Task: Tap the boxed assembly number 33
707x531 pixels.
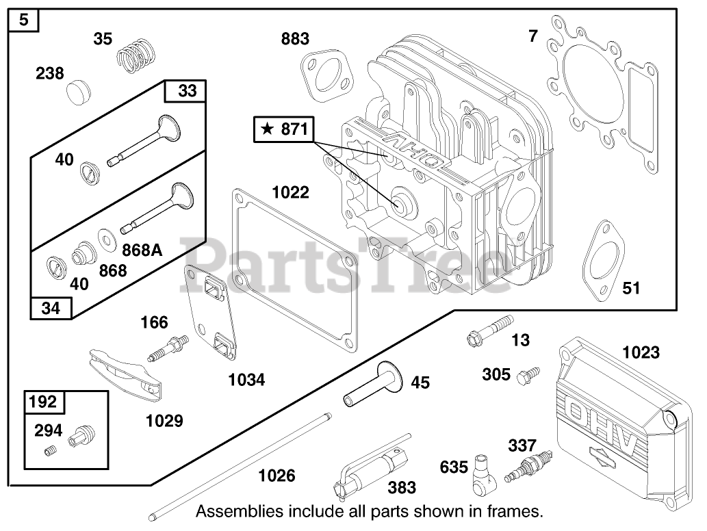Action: coord(186,90)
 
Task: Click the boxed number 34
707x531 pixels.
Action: coord(51,309)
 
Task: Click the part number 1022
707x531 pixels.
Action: coord(290,192)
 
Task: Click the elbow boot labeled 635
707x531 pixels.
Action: coord(485,474)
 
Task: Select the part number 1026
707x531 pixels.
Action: coord(277,475)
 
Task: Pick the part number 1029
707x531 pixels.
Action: coord(164,421)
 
